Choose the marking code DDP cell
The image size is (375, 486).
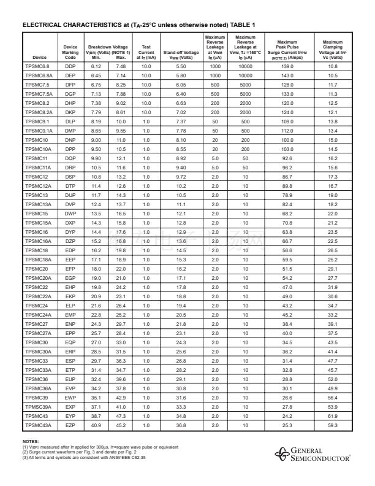tap(71, 66)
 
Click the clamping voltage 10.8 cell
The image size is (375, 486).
tap(333, 66)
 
